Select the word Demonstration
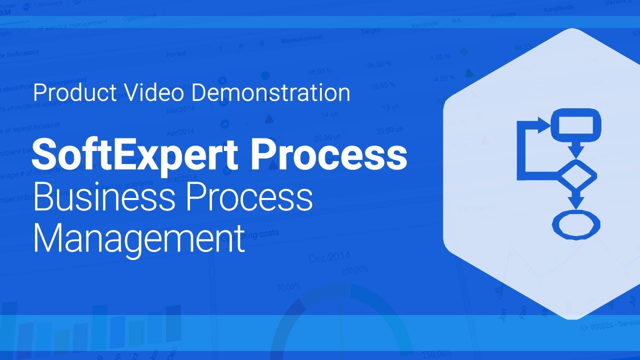pyautogui.click(x=270, y=93)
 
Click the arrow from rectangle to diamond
pyautogui.click(x=576, y=149)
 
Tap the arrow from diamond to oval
pyautogui.click(x=576, y=200)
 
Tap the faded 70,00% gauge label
pyautogui.click(x=288, y=287)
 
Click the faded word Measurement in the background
pyautogui.click(x=302, y=39)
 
